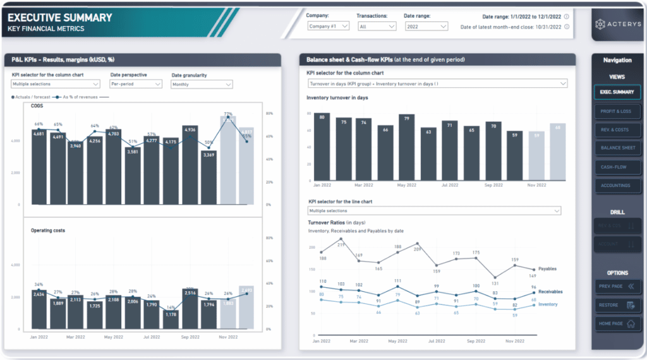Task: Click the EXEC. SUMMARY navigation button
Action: coord(617,92)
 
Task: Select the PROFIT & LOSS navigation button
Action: coord(617,111)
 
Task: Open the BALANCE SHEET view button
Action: coord(617,148)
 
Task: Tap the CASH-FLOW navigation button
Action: coord(617,167)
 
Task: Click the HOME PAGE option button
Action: coord(617,324)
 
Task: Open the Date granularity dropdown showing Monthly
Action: coord(202,84)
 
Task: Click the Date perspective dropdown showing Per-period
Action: coord(136,84)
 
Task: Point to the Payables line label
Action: coord(547,269)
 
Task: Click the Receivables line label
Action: coord(551,292)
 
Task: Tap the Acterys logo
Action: coord(616,24)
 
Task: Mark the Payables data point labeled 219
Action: coord(341,239)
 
